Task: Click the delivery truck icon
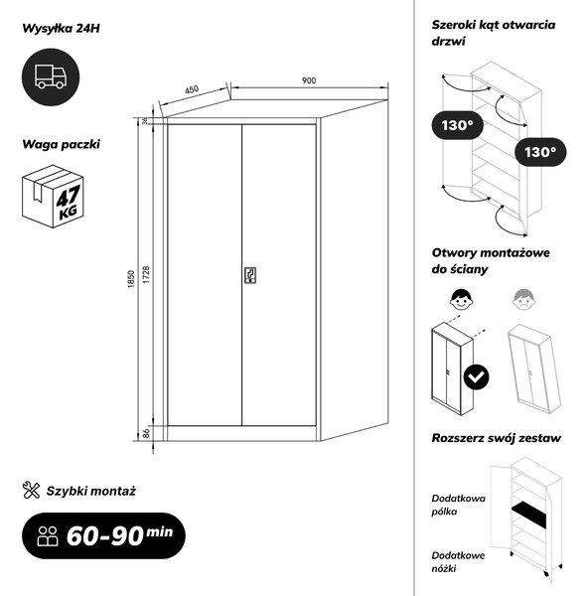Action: click(51, 76)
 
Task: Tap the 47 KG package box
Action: click(53, 196)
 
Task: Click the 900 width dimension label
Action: click(309, 80)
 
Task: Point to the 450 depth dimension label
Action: click(192, 89)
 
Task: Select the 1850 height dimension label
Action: click(131, 279)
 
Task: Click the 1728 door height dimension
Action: click(146, 274)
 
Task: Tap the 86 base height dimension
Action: click(146, 433)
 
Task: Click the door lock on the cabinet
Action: click(249, 275)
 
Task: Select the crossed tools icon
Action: click(31, 490)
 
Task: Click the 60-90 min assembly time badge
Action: click(103, 535)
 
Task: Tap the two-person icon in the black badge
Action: click(48, 536)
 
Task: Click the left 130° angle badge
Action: click(457, 125)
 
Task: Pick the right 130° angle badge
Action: click(540, 152)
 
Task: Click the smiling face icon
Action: click(462, 300)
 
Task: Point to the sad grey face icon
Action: click(523, 300)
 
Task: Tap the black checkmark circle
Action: click(476, 376)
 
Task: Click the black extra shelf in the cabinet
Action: click(528, 514)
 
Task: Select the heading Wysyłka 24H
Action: click(61, 29)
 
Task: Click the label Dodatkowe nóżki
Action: click(458, 562)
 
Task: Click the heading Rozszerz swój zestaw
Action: click(496, 438)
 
